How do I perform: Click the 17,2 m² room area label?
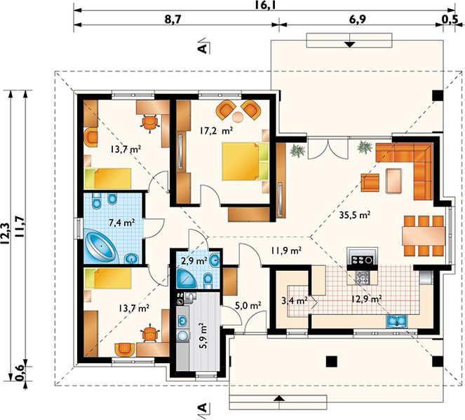coord(216,130)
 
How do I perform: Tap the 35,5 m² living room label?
coord(355,215)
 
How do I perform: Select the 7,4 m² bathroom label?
coord(122,222)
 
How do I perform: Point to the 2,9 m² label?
coord(194,261)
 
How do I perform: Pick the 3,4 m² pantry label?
coord(294,301)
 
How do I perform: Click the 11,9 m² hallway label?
coord(286,251)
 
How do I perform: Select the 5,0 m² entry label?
coord(248,304)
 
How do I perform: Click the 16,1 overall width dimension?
coord(266,4)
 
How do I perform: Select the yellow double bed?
coord(245,161)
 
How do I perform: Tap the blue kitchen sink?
coord(397,321)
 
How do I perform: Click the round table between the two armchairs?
coord(238,117)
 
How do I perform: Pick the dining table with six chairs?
coord(424,236)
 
